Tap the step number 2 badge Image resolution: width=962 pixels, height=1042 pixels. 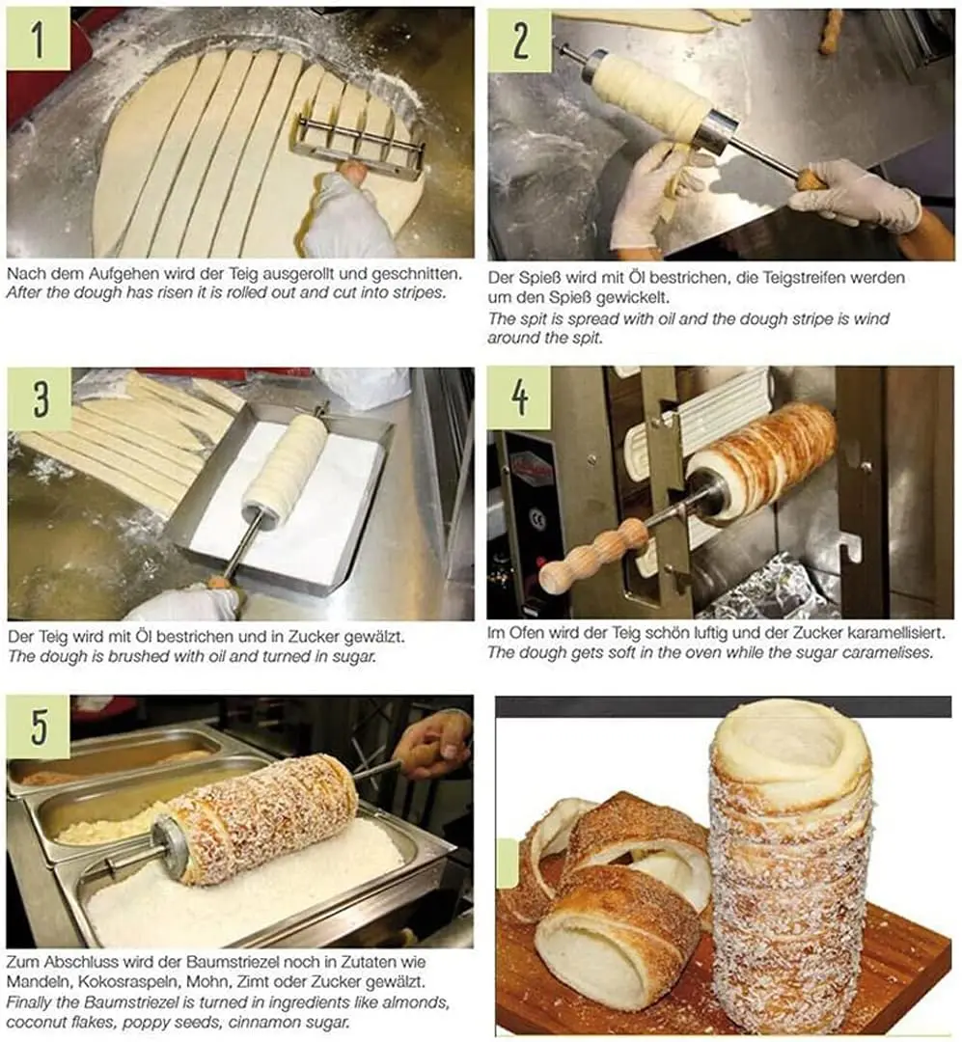pyautogui.click(x=519, y=40)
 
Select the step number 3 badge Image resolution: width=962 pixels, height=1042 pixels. pyautogui.click(x=39, y=398)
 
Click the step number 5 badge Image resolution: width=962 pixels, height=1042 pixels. pyautogui.click(x=38, y=727)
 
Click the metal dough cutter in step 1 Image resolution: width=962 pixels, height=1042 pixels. pyautogui.click(x=358, y=145)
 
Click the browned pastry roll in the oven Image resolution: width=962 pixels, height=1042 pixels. pyautogui.click(x=762, y=457)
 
